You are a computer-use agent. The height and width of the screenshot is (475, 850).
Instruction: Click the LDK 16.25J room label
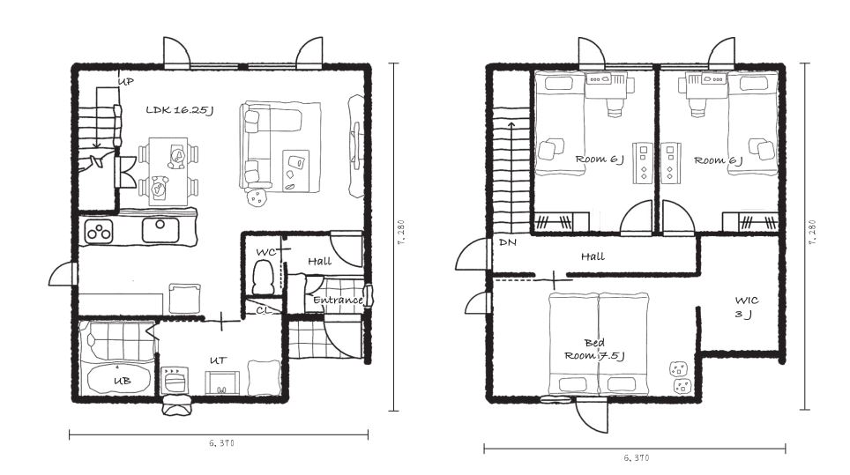(x=179, y=110)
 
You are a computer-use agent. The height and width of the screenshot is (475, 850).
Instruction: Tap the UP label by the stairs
(x=126, y=82)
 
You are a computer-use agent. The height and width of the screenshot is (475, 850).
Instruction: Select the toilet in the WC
(x=264, y=278)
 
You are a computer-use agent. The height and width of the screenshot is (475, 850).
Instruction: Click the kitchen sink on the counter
(x=160, y=230)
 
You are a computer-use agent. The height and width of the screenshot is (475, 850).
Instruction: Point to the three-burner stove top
(x=99, y=232)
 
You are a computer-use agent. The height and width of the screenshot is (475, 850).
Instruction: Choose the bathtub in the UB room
(x=118, y=380)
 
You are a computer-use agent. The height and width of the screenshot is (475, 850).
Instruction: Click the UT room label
(x=219, y=360)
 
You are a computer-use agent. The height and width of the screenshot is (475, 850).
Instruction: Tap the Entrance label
(x=338, y=300)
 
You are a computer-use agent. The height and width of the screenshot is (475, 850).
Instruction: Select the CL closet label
(x=264, y=310)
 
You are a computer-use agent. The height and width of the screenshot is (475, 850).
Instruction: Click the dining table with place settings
(x=168, y=171)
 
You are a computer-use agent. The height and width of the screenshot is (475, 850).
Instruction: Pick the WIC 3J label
(x=747, y=307)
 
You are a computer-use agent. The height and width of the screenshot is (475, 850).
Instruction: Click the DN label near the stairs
(x=507, y=242)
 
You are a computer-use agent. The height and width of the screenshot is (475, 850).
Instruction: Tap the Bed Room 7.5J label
(x=594, y=349)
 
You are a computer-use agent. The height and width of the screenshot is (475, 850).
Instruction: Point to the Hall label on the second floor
(x=593, y=256)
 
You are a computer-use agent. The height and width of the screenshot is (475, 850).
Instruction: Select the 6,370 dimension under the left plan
(x=221, y=443)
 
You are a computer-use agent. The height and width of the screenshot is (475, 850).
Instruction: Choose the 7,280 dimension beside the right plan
(x=811, y=233)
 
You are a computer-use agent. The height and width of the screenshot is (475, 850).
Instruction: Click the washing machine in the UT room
(x=175, y=380)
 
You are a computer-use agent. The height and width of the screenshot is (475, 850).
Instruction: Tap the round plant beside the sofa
(x=257, y=197)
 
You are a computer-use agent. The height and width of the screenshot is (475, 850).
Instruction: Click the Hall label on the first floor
(x=320, y=261)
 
